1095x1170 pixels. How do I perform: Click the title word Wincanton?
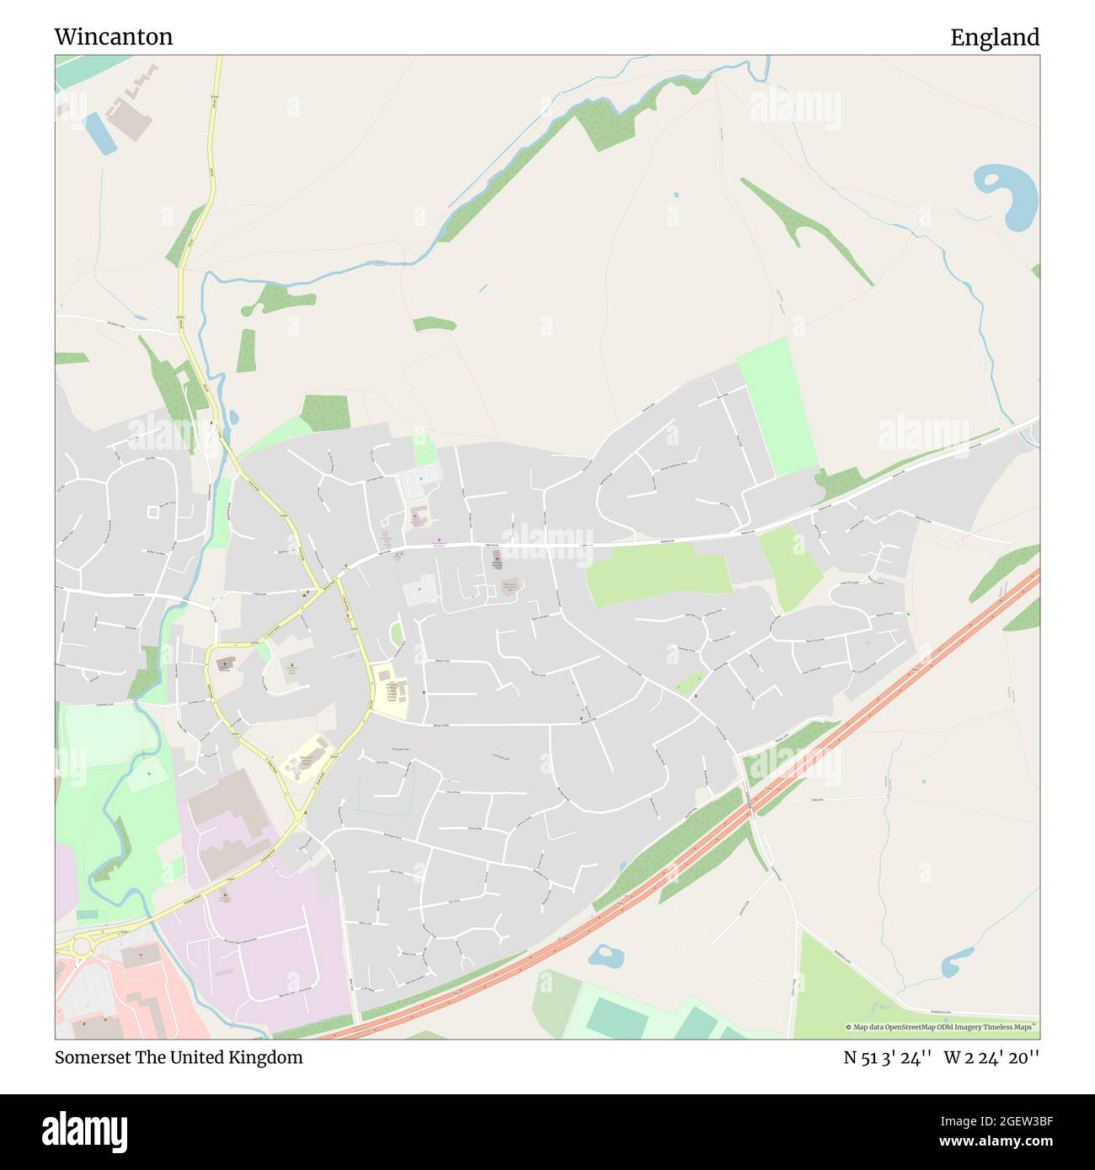pyautogui.click(x=114, y=37)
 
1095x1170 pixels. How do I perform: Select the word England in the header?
pyautogui.click(x=995, y=37)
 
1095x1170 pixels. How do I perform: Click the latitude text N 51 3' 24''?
pyautogui.click(x=887, y=1057)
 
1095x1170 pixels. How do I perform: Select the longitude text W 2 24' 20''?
pyautogui.click(x=991, y=1057)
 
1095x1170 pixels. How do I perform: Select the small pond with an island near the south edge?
pyautogui.click(x=606, y=955)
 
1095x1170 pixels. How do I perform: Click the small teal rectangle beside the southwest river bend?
pyautogui.click(x=85, y=913)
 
